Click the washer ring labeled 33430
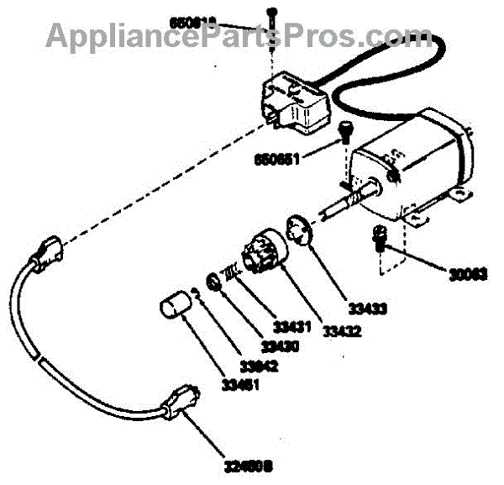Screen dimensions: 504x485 (215, 281)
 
